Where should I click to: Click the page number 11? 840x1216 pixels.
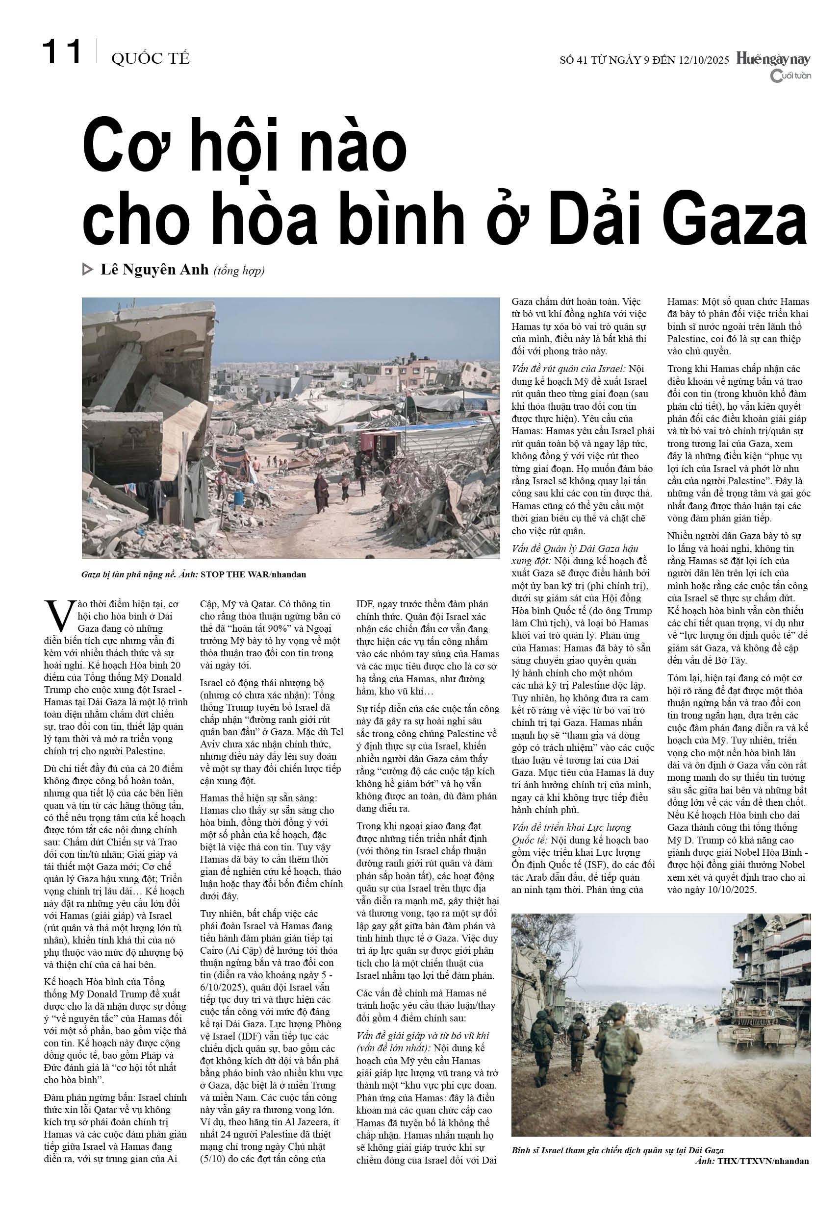(62, 52)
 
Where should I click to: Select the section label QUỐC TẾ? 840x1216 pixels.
(150, 59)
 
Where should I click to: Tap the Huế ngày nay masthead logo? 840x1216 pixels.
(773, 59)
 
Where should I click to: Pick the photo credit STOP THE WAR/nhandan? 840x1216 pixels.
(253, 574)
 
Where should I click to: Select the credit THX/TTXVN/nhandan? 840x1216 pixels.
(763, 1161)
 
